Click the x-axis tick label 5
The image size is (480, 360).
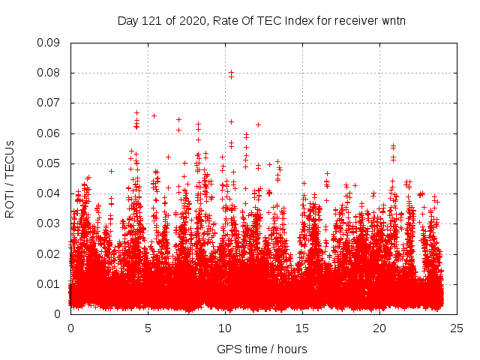148,328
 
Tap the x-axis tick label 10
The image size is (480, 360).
225,328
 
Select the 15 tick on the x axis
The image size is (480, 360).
302,328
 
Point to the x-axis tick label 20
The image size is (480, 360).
379,328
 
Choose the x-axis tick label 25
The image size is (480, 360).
457,328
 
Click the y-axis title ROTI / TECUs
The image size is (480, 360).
10,178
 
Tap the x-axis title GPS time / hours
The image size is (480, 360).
262,349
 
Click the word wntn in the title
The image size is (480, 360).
392,20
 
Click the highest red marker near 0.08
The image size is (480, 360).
231,72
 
